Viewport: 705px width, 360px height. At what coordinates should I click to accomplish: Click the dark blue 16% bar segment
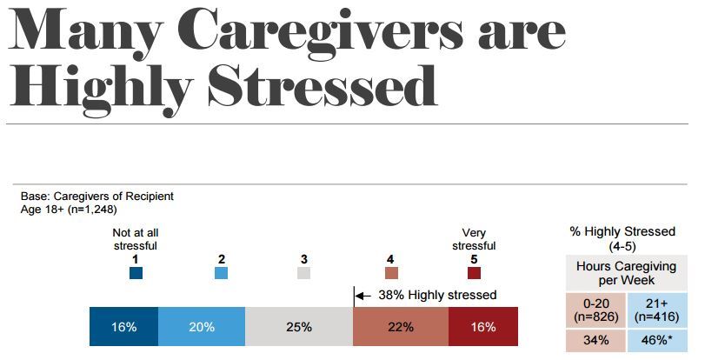tap(124, 327)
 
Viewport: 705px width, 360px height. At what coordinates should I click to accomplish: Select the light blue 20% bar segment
tap(202, 327)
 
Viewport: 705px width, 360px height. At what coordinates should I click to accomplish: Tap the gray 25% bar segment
tap(298, 327)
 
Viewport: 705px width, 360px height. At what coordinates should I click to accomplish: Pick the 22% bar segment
tap(400, 327)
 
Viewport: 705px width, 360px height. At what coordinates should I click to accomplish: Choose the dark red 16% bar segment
tap(482, 327)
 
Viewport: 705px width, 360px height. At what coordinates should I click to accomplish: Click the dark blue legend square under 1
tap(136, 273)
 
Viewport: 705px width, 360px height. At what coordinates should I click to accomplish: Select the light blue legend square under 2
tap(222, 273)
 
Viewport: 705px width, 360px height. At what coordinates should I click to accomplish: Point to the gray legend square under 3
tap(303, 273)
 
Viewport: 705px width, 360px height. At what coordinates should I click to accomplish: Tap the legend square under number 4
tap(392, 273)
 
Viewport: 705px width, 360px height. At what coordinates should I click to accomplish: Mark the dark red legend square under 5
tap(474, 273)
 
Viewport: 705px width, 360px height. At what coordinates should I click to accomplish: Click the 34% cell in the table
tap(597, 339)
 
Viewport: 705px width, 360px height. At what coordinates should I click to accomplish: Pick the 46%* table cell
tap(658, 339)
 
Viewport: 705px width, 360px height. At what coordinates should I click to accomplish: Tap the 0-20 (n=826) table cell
tap(597, 310)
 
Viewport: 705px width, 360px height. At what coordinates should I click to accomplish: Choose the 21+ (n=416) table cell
tap(658, 310)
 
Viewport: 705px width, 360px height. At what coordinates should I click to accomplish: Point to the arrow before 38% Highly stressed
tap(362, 296)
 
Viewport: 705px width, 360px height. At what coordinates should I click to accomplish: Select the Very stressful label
tap(474, 239)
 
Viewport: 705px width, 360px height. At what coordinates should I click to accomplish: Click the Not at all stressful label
tap(136, 239)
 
